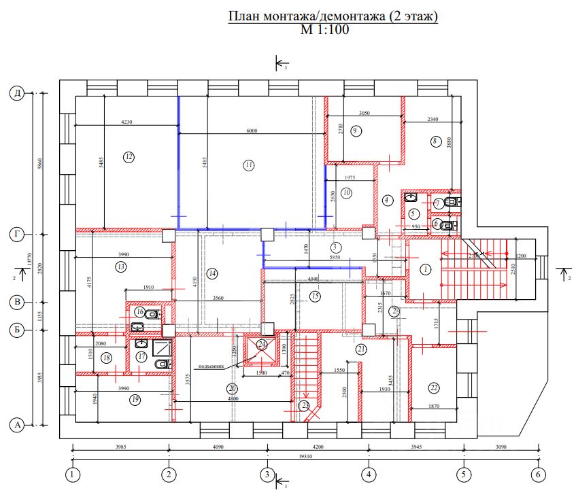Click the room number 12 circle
[129, 157]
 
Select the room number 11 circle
[249, 165]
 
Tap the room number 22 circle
[434, 388]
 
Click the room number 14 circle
[213, 273]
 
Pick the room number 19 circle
[135, 400]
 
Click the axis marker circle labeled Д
[19, 94]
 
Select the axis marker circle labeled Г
[19, 235]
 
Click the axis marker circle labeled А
[19, 426]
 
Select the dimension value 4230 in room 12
[126, 122]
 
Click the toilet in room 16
[154, 314]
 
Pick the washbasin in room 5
[411, 198]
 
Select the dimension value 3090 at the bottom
[501, 447]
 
